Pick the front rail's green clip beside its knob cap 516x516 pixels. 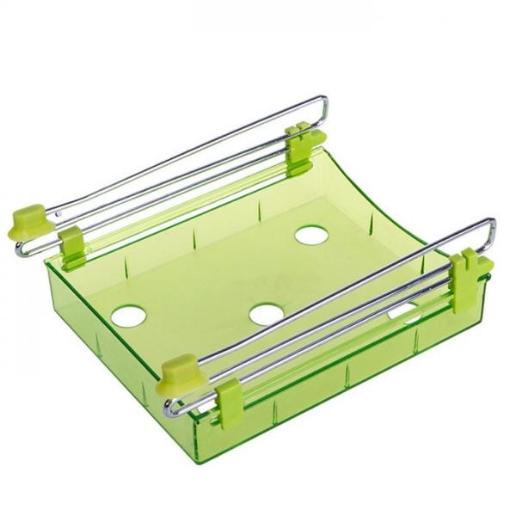coord(230,398)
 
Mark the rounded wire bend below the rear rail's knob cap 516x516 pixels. coord(21,250)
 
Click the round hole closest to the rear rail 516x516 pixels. coord(310,233)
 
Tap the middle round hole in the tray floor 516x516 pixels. coord(267,314)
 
